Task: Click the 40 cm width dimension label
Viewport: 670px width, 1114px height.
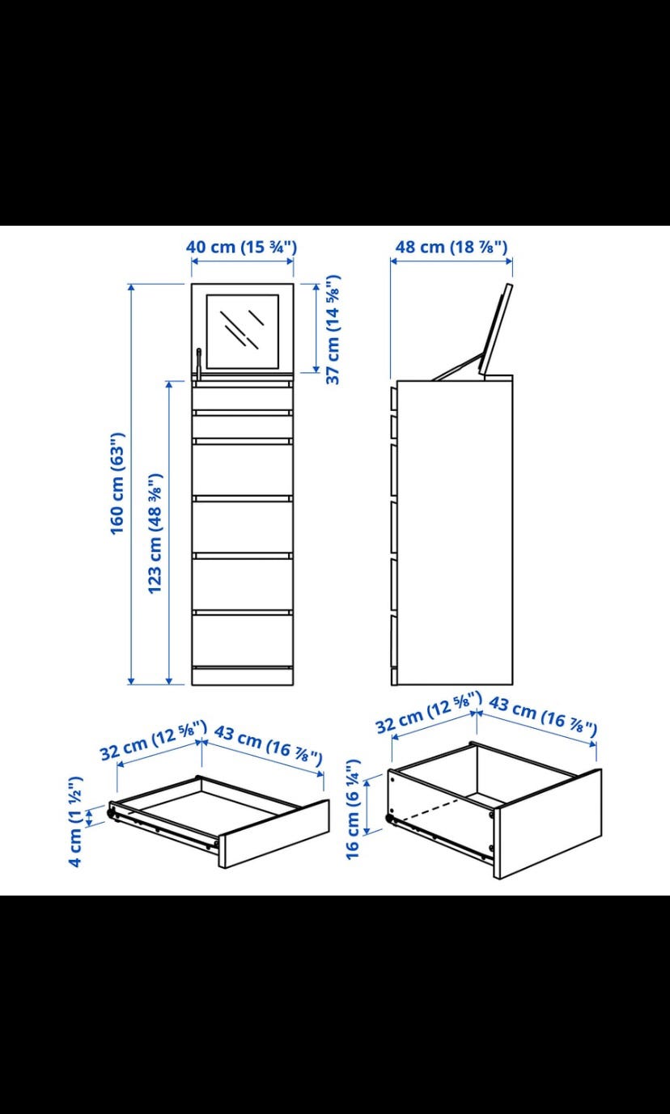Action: (242, 248)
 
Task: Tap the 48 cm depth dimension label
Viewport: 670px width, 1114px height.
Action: (452, 248)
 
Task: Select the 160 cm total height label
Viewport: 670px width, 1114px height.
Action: (118, 484)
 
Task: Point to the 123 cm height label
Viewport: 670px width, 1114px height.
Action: (155, 533)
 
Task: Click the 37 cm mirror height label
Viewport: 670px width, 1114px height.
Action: (333, 329)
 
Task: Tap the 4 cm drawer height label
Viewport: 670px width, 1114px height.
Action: (75, 822)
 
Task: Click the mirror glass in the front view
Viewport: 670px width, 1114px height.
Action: (242, 331)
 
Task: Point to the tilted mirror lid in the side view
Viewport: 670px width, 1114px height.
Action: (495, 329)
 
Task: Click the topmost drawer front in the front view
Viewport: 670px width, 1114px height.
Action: (243, 400)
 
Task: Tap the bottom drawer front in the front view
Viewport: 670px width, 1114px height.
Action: (243, 641)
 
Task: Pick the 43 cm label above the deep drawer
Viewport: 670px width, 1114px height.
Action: (543, 716)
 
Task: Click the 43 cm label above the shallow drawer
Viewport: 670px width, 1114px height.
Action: (269, 745)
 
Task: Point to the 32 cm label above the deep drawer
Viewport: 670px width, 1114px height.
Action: (428, 712)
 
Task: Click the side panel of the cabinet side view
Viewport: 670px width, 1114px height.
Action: (455, 532)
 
